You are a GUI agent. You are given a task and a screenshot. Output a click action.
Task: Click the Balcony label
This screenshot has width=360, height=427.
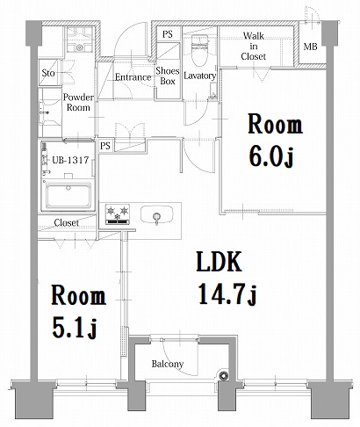coord(167,364)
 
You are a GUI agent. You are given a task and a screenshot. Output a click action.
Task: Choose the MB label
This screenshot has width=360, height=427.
coord(311,47)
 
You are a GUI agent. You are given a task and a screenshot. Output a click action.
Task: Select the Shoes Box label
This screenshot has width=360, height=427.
coord(167,76)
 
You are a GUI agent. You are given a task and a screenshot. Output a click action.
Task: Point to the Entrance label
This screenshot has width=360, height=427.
coord(133,76)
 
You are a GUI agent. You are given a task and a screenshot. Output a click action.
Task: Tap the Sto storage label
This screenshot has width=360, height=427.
coord(48,73)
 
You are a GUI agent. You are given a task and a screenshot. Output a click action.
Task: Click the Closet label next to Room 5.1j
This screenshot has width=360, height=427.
coord(66,223)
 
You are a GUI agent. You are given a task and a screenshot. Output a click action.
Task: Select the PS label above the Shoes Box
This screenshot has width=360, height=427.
coord(167,34)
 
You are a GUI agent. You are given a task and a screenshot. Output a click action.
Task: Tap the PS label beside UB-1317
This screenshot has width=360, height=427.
coord(105,145)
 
